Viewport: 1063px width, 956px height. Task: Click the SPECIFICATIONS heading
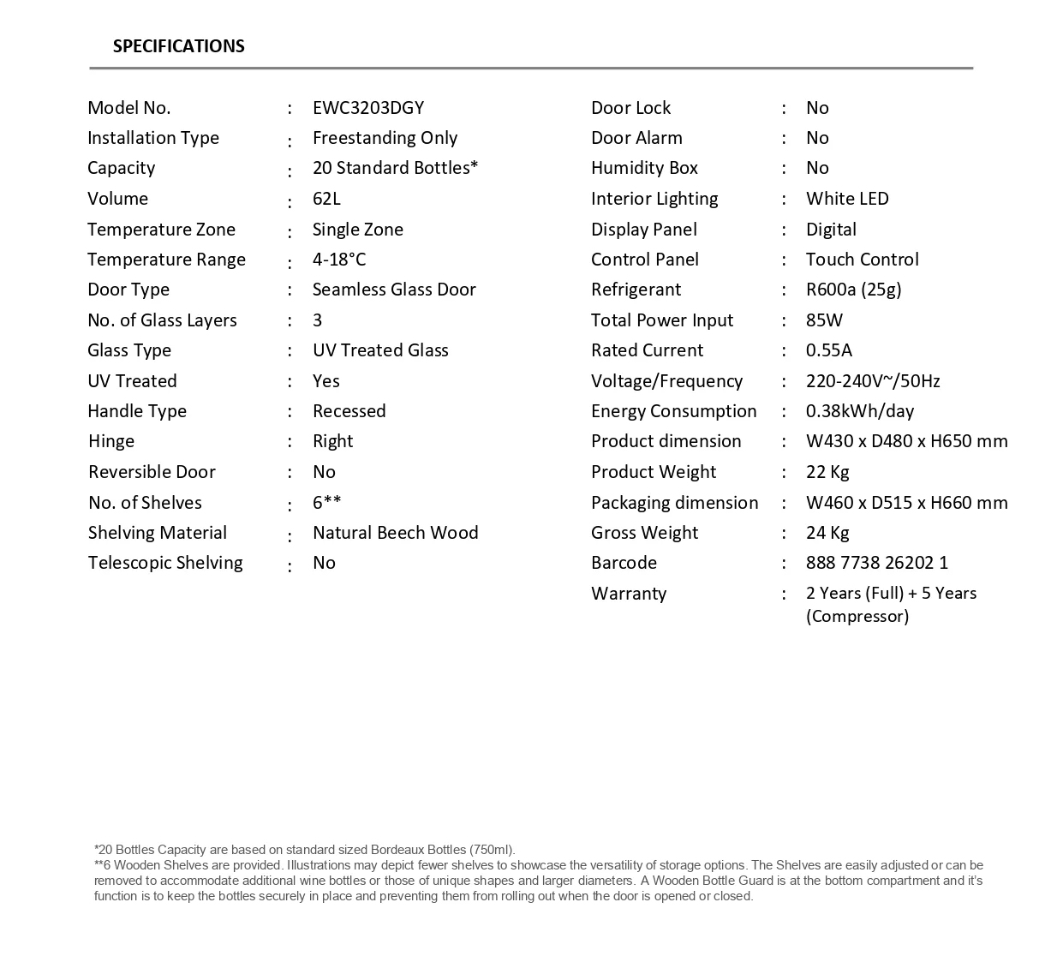[x=178, y=46]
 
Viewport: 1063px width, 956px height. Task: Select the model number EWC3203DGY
[x=368, y=108]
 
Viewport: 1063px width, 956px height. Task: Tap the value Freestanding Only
[x=385, y=138]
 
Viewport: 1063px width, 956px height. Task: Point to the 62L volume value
[x=326, y=199]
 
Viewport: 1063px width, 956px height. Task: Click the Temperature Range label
[x=166, y=260]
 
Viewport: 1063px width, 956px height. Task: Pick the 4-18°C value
[x=339, y=260]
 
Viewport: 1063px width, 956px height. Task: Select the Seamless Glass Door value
[x=394, y=290]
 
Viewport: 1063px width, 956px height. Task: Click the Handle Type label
[x=137, y=411]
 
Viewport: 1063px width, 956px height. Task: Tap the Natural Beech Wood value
[x=395, y=533]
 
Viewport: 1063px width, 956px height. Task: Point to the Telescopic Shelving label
[x=165, y=563]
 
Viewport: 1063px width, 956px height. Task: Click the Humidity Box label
[x=644, y=168]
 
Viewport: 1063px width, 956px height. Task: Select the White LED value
[x=847, y=199]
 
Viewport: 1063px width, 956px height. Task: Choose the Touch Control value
[x=862, y=260]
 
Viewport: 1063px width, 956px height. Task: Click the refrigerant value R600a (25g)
[x=853, y=290]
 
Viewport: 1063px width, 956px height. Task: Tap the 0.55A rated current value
[x=828, y=350]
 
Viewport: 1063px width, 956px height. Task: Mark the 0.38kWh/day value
[x=859, y=411]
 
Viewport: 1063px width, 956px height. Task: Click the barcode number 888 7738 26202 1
[x=876, y=563]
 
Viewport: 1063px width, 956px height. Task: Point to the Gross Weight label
[x=644, y=533]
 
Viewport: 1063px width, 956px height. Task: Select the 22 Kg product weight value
[x=827, y=472]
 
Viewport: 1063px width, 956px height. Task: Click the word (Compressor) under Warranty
[x=857, y=617]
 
